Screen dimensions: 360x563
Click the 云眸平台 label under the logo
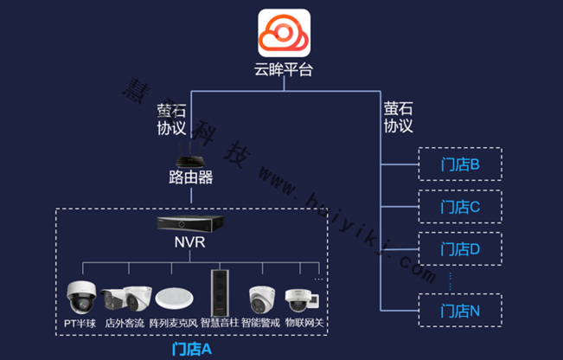283,70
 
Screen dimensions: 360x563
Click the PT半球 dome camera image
82,297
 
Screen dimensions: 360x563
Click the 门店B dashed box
459,163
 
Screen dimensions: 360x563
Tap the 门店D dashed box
459,248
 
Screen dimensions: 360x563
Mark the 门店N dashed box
459,310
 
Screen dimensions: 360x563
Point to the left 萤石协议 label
171,119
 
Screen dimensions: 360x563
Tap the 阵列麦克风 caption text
173,323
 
